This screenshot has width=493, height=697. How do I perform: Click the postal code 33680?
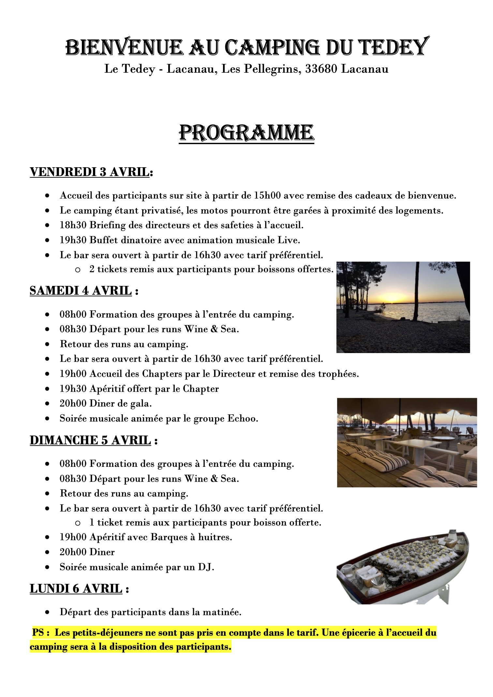pos(321,69)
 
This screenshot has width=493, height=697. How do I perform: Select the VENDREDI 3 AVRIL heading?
pos(90,172)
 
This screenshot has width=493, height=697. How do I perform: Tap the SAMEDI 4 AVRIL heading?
pos(81,290)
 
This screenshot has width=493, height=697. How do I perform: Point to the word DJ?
pos(205,567)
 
